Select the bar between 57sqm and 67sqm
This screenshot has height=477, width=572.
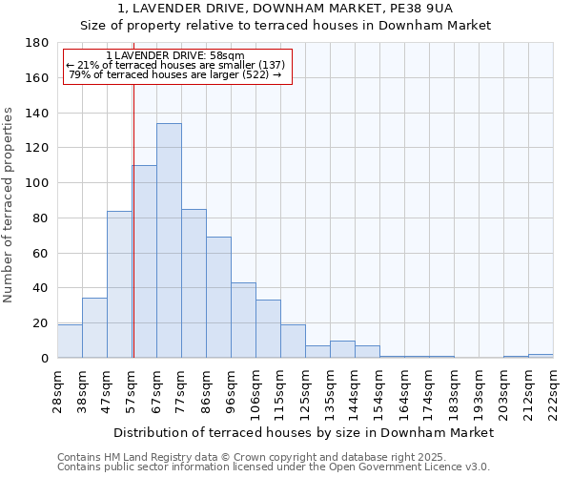(x=145, y=261)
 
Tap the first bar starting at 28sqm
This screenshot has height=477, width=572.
(x=70, y=341)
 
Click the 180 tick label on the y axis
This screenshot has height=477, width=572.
(x=38, y=43)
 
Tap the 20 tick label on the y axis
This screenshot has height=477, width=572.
(x=42, y=323)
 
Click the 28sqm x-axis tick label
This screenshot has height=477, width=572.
(x=58, y=388)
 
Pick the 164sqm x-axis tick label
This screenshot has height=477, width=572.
(x=405, y=390)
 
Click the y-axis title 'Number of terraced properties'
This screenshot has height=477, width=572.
(x=10, y=204)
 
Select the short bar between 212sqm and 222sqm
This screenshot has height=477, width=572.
(x=541, y=356)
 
